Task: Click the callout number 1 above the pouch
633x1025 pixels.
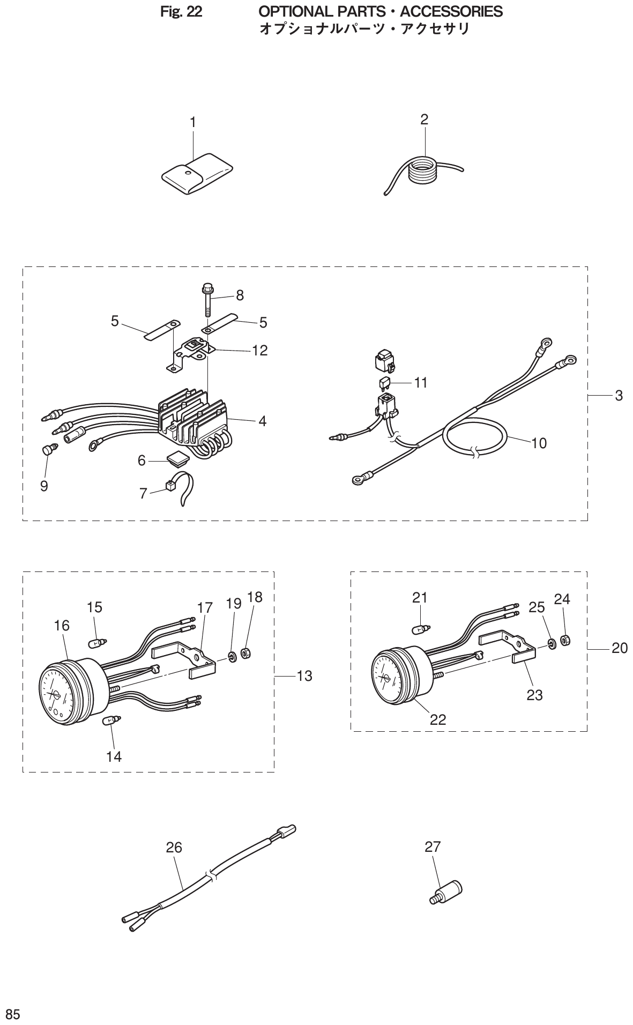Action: tap(192, 123)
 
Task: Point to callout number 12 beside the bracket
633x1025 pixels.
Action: tap(260, 351)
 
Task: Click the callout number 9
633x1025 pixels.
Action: tap(44, 486)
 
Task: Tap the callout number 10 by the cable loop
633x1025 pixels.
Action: tap(539, 443)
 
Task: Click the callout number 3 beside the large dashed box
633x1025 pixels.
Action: tap(619, 396)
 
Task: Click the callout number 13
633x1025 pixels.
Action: tap(304, 677)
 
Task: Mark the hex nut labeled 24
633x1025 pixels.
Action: tap(564, 640)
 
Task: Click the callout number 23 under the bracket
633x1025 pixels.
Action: tap(534, 695)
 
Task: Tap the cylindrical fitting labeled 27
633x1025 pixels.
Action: tap(447, 893)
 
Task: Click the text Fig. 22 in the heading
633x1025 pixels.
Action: tap(181, 11)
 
